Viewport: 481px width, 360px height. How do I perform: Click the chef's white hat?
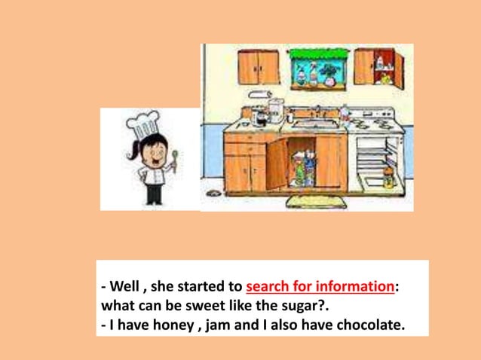(144, 125)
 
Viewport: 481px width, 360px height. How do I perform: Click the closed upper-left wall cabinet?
(258, 67)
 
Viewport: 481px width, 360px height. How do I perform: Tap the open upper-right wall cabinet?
(378, 67)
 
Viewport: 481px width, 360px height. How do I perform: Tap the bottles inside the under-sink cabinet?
(301, 169)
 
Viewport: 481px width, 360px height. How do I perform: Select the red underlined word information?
(354, 288)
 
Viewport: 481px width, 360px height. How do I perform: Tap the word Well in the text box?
(124, 288)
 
